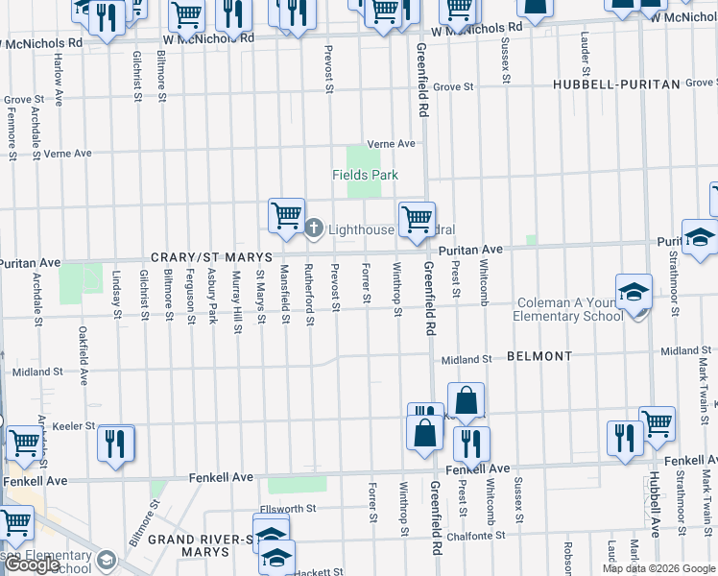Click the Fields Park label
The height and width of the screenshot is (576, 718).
pos(365,175)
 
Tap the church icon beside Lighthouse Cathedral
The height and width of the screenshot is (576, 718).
pos(314,229)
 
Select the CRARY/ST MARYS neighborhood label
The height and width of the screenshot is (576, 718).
pos(211,258)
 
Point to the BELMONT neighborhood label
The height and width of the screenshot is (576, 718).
pos(539,355)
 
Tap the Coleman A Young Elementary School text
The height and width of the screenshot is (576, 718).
pos(567,309)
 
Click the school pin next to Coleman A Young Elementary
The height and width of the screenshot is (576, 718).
pos(634,291)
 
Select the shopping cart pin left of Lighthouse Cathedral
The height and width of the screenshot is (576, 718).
pos(286,215)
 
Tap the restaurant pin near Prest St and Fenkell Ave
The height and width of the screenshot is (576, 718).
pos(470,443)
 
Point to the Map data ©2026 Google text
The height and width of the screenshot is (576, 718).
pos(658,568)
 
